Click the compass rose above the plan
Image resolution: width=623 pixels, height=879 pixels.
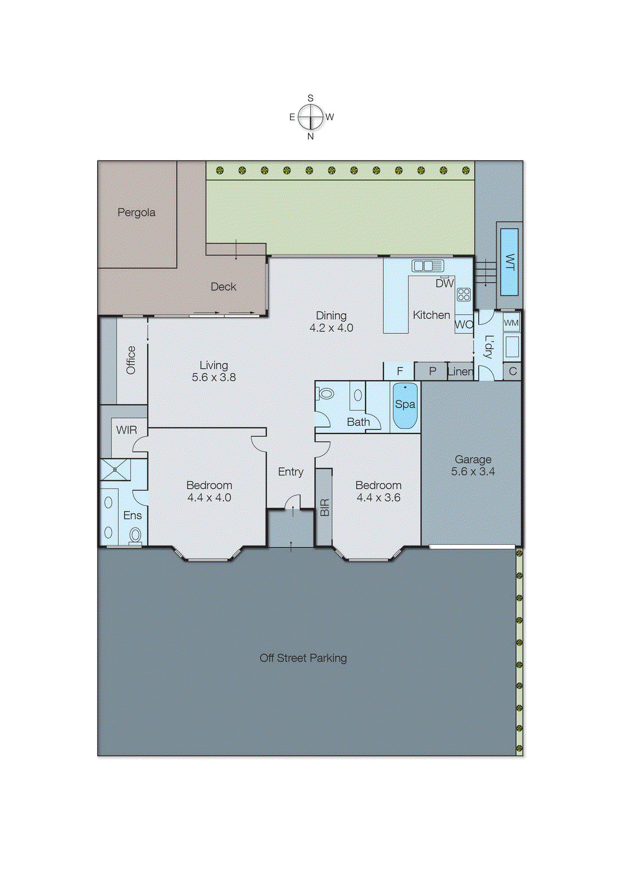click(311, 117)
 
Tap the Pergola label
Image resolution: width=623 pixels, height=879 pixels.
click(136, 213)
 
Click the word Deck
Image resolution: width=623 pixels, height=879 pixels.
click(223, 287)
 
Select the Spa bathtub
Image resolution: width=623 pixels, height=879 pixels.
click(405, 406)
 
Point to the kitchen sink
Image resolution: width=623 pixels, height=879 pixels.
click(428, 266)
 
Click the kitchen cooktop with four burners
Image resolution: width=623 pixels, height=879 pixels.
click(464, 294)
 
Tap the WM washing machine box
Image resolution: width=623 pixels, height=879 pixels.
click(511, 323)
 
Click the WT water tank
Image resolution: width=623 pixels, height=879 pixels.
click(509, 262)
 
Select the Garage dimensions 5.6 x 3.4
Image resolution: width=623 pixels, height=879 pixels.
click(473, 471)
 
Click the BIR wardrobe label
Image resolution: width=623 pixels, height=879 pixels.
click(324, 507)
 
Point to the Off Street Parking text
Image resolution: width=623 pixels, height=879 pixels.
click(303, 658)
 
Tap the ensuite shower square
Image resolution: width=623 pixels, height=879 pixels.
click(115, 470)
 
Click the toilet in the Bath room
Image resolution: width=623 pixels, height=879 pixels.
click(326, 393)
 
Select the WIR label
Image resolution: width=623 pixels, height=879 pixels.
click(126, 430)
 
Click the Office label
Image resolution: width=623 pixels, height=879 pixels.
click(131, 360)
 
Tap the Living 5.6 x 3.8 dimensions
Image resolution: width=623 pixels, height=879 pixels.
click(214, 377)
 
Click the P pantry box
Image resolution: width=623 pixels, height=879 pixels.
click(432, 371)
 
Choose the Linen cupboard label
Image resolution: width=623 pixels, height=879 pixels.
click(460, 371)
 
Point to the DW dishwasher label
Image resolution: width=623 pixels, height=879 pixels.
click(444, 283)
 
